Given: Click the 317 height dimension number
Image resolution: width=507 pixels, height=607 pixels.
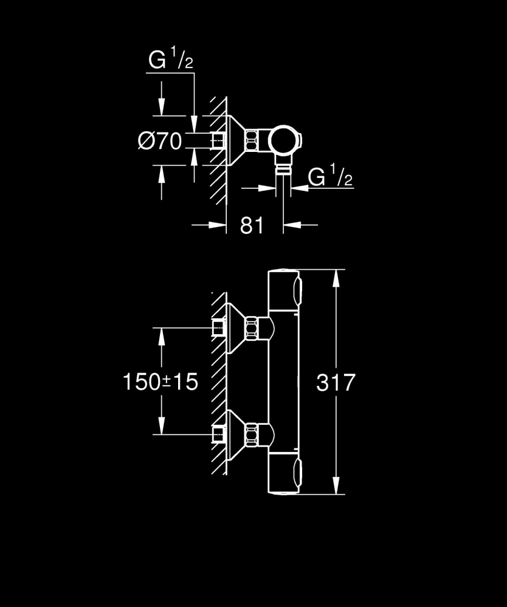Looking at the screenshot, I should point(336,382).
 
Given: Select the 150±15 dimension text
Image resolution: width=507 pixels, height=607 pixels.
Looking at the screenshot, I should point(160,382).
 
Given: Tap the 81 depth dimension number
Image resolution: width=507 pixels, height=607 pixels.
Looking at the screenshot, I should point(252,225).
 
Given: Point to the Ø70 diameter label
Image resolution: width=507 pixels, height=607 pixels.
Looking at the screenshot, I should point(160,142).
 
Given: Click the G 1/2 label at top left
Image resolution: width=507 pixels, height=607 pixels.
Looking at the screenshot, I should point(171,61).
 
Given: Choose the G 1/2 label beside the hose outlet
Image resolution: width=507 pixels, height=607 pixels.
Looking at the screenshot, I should point(330,177).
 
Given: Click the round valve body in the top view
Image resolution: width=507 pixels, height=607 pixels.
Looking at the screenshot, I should point(281,141).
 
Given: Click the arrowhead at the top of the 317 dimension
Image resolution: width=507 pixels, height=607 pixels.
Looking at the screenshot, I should point(336,277).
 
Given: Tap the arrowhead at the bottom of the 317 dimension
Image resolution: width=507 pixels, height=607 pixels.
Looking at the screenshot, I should point(336,490).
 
